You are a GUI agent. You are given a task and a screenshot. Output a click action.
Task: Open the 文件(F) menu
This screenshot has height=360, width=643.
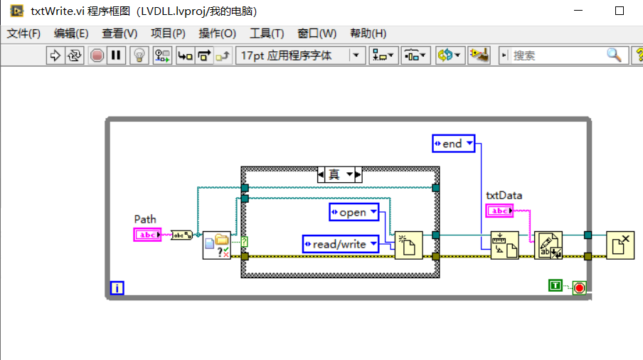tap(23, 33)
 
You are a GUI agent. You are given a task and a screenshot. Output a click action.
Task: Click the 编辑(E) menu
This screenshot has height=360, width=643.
tap(71, 33)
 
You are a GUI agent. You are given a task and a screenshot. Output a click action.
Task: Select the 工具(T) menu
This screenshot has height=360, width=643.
tap(267, 33)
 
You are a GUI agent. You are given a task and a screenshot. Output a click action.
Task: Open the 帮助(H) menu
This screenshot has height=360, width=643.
tap(368, 33)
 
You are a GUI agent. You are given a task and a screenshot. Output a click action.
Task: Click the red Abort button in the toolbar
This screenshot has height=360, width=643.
tap(97, 55)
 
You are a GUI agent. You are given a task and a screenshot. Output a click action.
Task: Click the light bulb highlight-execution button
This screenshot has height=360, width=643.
tap(140, 55)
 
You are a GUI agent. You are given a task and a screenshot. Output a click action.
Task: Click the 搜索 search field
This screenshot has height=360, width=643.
tap(558, 55)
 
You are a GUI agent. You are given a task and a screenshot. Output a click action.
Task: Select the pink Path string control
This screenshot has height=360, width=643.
tap(148, 235)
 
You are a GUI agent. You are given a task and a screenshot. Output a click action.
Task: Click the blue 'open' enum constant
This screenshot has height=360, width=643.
tap(354, 212)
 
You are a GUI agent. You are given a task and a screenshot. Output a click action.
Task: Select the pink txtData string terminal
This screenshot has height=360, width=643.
tap(499, 211)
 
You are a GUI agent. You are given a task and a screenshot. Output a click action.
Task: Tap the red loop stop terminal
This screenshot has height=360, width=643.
tap(580, 288)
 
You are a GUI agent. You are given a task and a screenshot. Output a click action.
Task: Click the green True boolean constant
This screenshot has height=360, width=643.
tap(556, 285)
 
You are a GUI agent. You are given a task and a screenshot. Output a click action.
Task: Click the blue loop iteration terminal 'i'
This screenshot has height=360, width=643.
tap(117, 288)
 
